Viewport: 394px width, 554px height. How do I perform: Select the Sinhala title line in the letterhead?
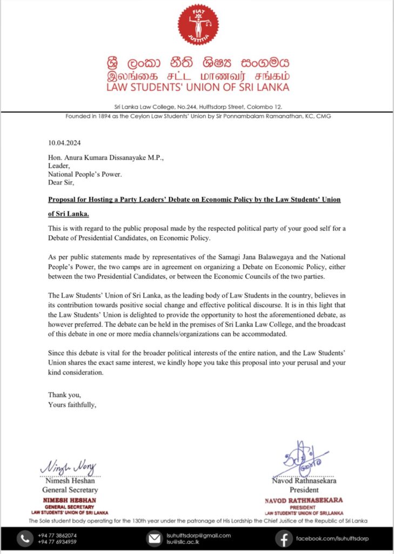pos(198,61)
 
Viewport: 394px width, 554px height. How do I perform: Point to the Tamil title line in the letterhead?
pos(198,75)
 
